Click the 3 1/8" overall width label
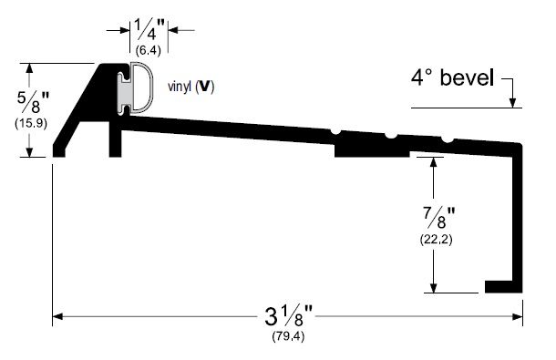pyautogui.click(x=287, y=320)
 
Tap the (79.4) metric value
pyautogui.click(x=287, y=339)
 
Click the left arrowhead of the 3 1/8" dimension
pyautogui.click(x=57, y=318)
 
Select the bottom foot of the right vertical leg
pyautogui.click(x=503, y=286)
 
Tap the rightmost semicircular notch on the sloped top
pyautogui.click(x=447, y=139)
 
